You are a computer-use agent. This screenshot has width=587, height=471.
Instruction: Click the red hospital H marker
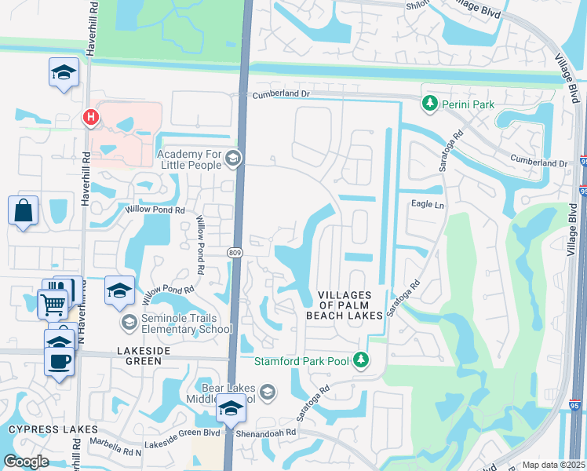92,118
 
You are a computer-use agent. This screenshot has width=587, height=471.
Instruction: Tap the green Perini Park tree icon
429,102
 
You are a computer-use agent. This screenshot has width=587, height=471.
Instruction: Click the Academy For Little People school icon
232,159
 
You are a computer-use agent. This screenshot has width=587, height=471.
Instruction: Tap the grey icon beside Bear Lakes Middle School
268,392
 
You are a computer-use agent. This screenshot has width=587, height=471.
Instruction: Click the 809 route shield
235,252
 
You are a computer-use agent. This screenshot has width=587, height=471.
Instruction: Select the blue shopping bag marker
24,211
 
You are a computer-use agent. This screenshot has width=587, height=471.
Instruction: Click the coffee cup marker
60,362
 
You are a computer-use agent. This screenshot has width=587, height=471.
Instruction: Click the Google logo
26,462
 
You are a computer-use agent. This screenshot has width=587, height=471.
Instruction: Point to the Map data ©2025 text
552,465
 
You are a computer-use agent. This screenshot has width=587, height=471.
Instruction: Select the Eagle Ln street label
428,203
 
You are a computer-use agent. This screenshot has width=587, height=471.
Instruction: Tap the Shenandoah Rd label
268,432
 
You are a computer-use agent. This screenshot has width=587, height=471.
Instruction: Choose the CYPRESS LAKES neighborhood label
53,429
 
